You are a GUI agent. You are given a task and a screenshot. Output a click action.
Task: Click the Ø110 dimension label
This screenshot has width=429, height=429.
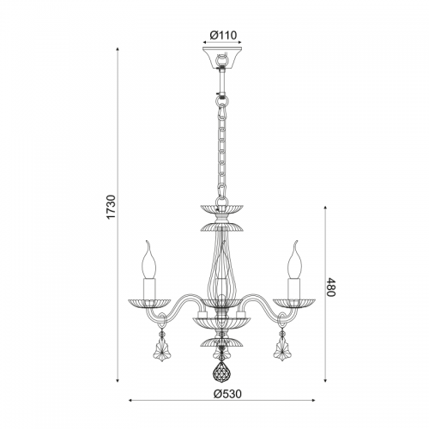(223, 35)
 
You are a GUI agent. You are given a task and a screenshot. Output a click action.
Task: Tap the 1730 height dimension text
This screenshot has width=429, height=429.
(111, 207)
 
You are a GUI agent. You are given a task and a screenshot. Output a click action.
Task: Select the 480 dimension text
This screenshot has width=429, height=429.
(330, 287)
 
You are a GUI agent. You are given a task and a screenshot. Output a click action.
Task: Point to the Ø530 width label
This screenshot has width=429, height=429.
(227, 394)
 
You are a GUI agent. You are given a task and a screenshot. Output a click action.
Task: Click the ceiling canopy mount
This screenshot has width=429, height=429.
(222, 57)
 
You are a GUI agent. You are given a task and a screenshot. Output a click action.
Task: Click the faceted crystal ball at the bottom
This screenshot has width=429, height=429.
(222, 372)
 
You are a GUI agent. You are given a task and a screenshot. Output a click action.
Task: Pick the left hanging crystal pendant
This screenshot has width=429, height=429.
(162, 350)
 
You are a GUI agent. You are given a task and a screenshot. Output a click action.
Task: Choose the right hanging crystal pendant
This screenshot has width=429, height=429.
(282, 350)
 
